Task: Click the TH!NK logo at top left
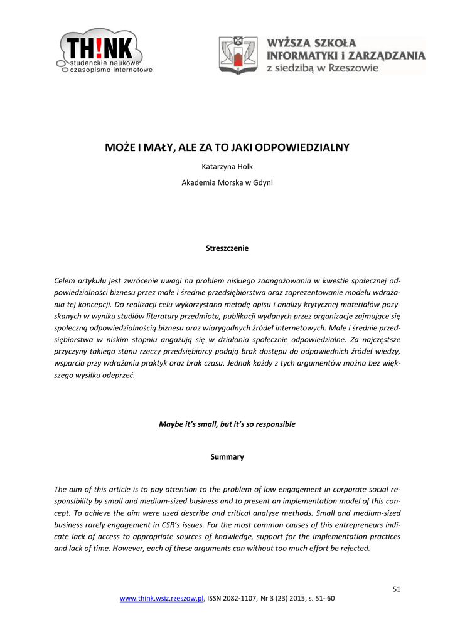coord(104,51)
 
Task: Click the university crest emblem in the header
coord(238,55)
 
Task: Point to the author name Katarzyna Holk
coord(227,167)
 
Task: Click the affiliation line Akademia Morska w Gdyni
coord(227,183)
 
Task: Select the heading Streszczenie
coord(227,248)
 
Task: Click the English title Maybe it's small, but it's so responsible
coord(227,424)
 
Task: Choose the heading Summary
coord(227,456)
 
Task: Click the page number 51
coord(397,589)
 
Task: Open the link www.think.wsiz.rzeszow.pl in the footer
coord(162,599)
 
